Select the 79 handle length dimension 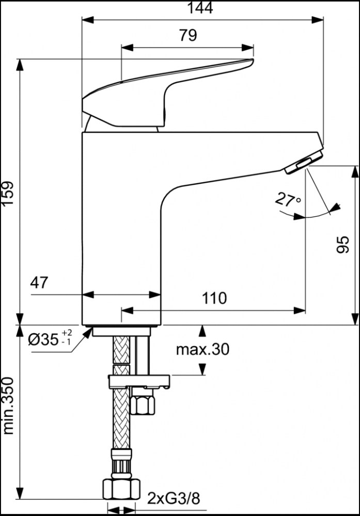point(187,35)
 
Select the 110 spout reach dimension point(214,298)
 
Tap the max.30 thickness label point(202,349)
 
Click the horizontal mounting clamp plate point(139,382)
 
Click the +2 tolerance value point(67,332)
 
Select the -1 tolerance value point(67,342)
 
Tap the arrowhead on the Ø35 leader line point(88,332)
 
